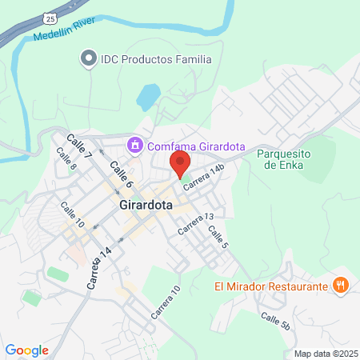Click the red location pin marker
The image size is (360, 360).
[x=179, y=164]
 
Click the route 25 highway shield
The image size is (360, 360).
[x=50, y=16]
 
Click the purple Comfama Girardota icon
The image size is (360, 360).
[x=134, y=144]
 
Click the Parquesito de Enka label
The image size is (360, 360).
[x=289, y=159]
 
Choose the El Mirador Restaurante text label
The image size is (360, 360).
[x=271, y=286]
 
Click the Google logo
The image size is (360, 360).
[x=27, y=350]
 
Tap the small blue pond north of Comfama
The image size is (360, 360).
[x=149, y=97]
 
